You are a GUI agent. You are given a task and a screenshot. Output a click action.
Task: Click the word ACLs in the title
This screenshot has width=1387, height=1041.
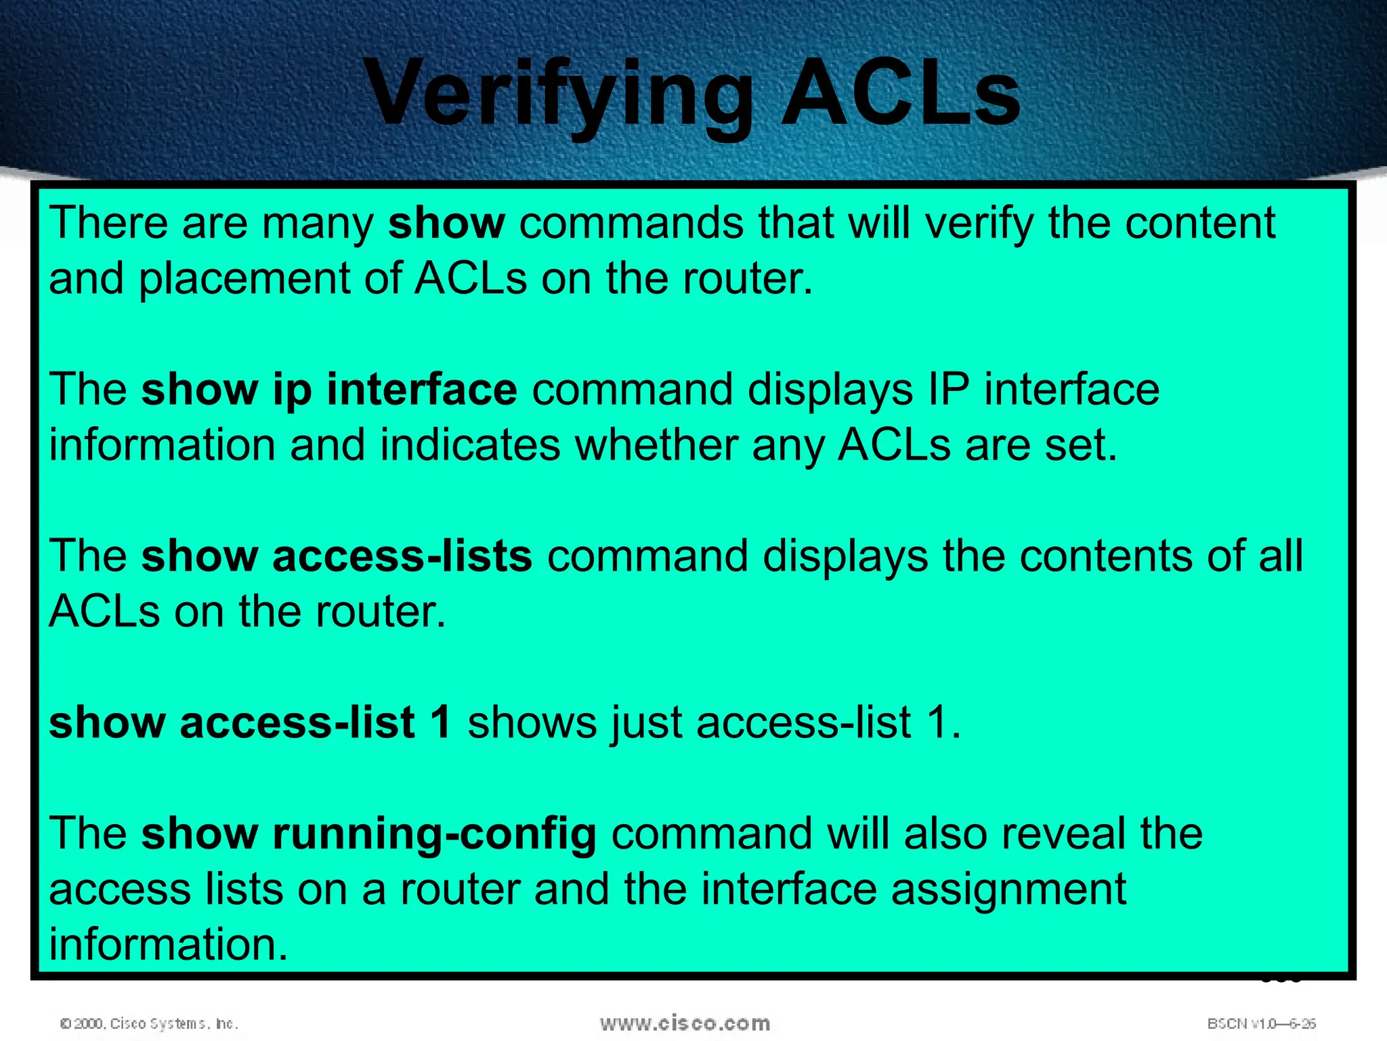coord(901,94)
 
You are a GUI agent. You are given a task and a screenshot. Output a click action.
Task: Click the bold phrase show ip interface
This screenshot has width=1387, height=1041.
coord(329,390)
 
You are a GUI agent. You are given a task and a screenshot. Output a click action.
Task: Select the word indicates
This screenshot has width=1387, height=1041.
coord(470,445)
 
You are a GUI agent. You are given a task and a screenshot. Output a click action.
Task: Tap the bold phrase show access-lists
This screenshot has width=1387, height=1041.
coord(337,556)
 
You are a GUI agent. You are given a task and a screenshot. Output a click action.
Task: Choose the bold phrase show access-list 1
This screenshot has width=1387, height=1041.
coord(250,722)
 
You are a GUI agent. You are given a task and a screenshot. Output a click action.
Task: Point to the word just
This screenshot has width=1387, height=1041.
coord(646,722)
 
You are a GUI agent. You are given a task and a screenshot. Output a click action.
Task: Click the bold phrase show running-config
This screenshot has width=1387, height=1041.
coord(368,834)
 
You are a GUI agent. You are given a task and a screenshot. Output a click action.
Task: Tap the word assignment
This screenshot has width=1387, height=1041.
coord(1008,889)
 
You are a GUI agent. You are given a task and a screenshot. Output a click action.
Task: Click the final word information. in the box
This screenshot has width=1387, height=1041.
coord(169,945)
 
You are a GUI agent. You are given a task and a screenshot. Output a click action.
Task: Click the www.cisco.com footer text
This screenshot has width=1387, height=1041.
coord(685,1023)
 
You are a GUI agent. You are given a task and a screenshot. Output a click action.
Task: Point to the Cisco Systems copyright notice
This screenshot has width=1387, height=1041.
coord(149,1023)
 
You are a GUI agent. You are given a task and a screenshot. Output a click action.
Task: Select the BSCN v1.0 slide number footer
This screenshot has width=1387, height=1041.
coord(1261,1023)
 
